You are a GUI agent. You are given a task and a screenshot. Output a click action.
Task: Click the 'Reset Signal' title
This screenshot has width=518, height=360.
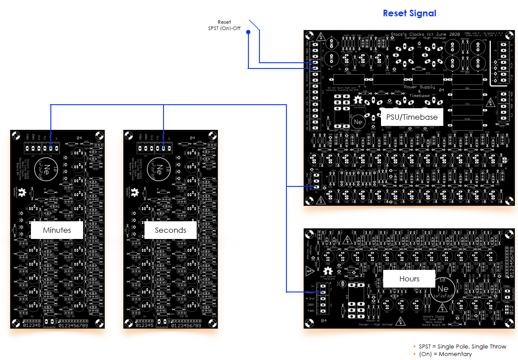click(409, 13)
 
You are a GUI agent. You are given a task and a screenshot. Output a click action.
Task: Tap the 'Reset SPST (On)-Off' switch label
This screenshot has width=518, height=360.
click(224, 25)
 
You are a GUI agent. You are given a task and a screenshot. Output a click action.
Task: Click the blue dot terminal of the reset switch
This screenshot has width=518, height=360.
click(248, 32)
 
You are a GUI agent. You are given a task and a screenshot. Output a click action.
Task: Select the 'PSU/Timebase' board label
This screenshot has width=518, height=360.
click(411, 117)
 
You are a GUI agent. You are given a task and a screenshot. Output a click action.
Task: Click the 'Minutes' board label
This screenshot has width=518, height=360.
click(57, 230)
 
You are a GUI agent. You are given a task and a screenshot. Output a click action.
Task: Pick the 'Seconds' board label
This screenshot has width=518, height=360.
click(170, 230)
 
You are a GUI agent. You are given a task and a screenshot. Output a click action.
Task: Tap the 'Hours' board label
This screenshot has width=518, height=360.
click(409, 279)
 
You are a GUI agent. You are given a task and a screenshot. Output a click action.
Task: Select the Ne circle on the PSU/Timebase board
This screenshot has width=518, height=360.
click(358, 121)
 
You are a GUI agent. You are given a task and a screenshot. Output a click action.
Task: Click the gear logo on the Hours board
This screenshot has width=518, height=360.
click(328, 271)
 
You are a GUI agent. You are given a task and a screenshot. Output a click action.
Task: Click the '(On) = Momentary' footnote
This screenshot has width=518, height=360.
click(445, 354)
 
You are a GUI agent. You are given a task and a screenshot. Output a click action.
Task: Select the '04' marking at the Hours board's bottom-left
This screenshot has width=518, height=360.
click(323, 320)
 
